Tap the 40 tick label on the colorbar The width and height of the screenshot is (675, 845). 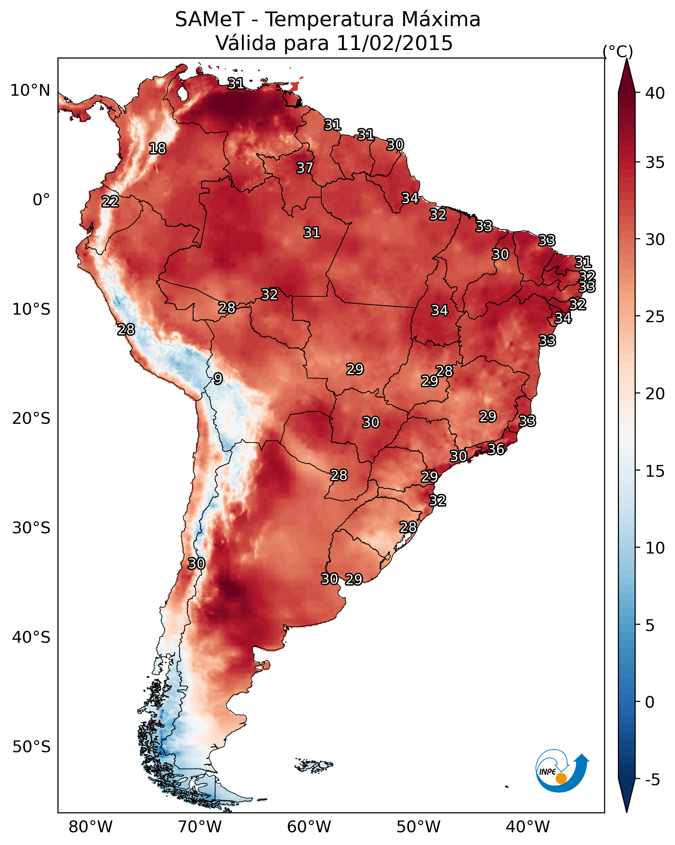point(655,93)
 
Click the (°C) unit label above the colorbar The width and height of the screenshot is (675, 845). point(618,51)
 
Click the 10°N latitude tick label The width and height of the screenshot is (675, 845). point(30,91)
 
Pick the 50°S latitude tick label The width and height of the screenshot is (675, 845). point(31,747)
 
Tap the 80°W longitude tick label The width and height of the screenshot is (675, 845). point(90,827)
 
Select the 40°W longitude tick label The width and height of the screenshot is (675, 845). point(528,827)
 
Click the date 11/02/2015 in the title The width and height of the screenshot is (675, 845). point(394,43)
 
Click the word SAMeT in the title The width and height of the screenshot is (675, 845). point(210,19)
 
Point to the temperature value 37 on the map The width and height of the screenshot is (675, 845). point(304,168)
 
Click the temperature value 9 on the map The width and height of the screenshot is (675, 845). point(218,379)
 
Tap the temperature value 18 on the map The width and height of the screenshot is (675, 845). point(157,149)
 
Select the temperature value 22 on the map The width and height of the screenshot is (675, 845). point(110,202)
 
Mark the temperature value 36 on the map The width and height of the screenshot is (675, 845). point(496,449)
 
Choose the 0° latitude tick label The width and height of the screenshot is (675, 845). point(41,200)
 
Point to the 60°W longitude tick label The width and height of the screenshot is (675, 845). point(309,827)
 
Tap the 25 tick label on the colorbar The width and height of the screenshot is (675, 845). point(655,316)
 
